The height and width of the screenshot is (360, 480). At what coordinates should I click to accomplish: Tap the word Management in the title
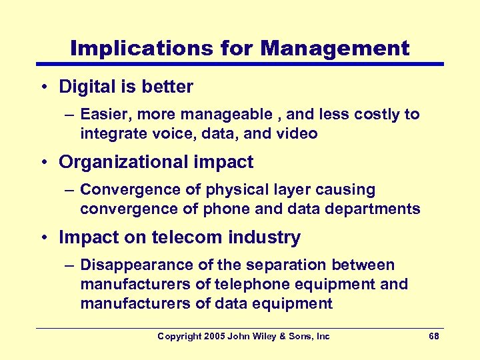[335, 48]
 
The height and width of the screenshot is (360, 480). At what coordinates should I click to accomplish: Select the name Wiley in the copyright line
[262, 337]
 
